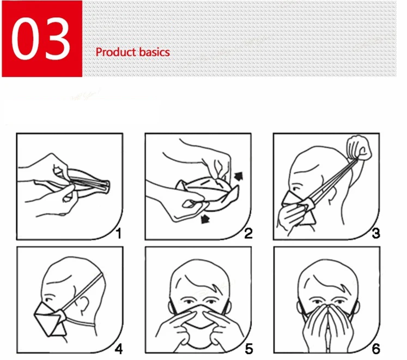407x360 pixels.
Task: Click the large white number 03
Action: point(41,39)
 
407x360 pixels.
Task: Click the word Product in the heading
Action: point(116,52)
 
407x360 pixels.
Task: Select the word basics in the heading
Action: point(154,52)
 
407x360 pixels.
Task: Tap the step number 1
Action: point(119,233)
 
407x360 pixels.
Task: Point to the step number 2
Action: point(248,233)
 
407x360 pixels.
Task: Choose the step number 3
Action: point(376,233)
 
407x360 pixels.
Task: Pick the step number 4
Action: point(119,349)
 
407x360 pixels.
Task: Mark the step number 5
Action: point(248,349)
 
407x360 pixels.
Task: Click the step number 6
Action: point(376,349)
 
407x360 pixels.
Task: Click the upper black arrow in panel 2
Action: point(239,176)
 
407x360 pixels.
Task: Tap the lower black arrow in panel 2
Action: point(205,219)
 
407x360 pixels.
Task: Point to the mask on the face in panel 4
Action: point(50,319)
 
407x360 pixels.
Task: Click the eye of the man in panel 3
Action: point(295,188)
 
